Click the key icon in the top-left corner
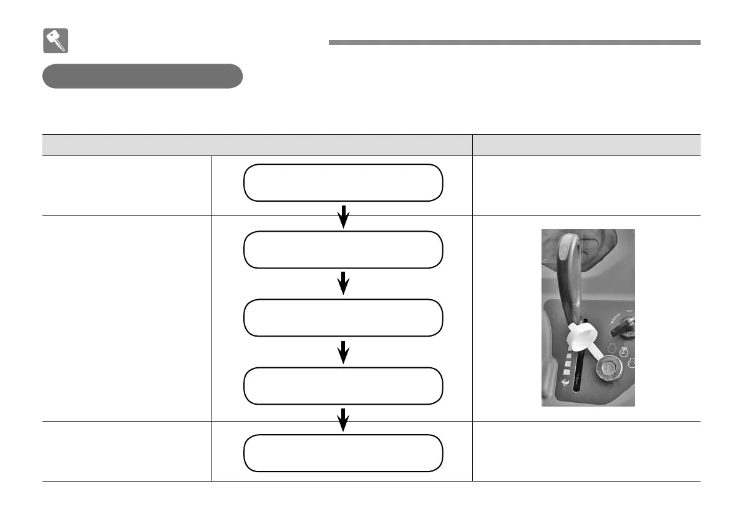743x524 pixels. tap(56, 41)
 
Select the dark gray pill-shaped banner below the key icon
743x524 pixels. tap(142, 76)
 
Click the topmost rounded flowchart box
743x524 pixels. tap(343, 182)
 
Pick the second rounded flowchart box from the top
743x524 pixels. tap(343, 249)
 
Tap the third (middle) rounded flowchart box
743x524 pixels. tap(343, 317)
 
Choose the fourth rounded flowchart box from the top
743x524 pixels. tap(343, 385)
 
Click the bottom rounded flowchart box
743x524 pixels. tap(343, 453)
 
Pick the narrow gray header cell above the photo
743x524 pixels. tap(586, 145)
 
